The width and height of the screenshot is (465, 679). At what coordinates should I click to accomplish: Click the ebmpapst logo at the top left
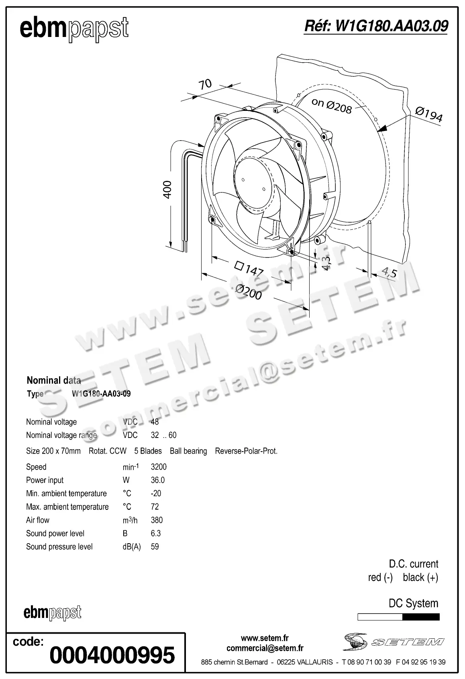click(74, 29)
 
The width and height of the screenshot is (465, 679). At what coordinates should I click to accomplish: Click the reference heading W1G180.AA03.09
click(376, 26)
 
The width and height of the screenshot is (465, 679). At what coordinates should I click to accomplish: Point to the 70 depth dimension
click(205, 84)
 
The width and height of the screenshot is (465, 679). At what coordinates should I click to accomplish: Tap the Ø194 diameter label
click(429, 114)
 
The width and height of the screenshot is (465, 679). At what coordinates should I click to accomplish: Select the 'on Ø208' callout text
click(332, 105)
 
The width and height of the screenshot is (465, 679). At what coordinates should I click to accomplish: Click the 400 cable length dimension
click(167, 189)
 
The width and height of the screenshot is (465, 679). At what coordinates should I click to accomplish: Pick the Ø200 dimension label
click(249, 292)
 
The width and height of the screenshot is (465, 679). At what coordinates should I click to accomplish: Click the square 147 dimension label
click(249, 268)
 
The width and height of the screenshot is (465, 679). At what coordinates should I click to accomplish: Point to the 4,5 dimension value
click(389, 273)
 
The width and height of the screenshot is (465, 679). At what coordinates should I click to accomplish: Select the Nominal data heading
click(54, 380)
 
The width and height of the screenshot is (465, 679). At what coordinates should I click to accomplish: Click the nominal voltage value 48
click(155, 422)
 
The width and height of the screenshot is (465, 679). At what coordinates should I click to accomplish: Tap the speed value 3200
click(159, 467)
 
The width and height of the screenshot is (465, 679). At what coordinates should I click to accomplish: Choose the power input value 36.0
click(158, 480)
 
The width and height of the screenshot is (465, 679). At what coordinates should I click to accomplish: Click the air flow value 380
click(157, 520)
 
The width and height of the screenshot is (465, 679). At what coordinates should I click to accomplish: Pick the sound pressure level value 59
click(155, 546)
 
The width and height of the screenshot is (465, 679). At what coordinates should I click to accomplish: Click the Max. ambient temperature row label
click(67, 507)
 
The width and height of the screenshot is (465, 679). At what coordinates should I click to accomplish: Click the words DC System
click(413, 603)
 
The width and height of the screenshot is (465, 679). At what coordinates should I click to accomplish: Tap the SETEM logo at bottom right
click(393, 642)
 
